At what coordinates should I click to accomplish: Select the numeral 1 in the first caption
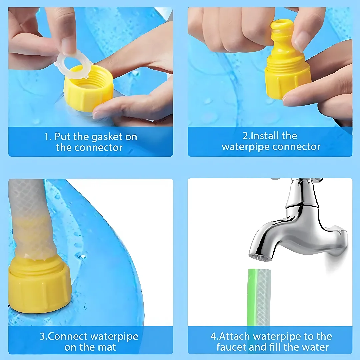[x=47, y=137]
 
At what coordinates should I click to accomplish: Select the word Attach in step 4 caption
[x=237, y=336]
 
